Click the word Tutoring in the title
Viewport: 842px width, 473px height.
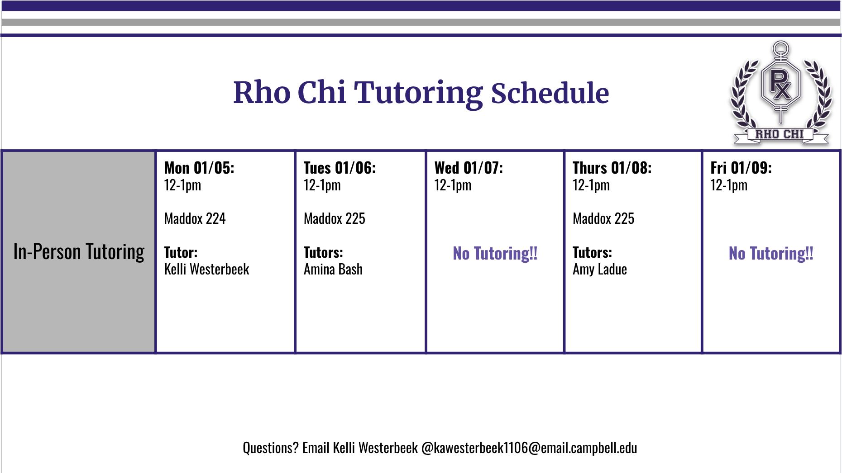coord(418,94)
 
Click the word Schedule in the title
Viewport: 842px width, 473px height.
coord(550,93)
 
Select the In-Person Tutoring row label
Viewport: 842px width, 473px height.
coord(79,252)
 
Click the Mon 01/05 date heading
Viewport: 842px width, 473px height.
coord(199,168)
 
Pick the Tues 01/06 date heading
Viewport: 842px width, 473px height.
coord(340,168)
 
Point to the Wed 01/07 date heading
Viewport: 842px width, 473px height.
coord(469,168)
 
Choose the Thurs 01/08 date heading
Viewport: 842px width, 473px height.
coord(612,168)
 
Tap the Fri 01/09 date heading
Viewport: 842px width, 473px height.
coord(741,168)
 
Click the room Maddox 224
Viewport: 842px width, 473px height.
coord(195,219)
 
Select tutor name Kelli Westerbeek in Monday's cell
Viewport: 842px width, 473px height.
coord(206,270)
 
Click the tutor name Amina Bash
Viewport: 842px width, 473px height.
coord(333,270)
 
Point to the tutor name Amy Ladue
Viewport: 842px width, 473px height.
coord(600,270)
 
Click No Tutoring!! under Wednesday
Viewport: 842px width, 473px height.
coord(495,253)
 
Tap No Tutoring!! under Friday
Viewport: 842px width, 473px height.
coord(771,253)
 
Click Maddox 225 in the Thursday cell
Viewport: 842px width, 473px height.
coord(603,219)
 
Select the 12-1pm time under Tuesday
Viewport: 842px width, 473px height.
coord(322,185)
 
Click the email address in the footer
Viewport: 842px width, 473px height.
coord(529,448)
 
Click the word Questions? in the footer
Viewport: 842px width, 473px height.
coord(270,448)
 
